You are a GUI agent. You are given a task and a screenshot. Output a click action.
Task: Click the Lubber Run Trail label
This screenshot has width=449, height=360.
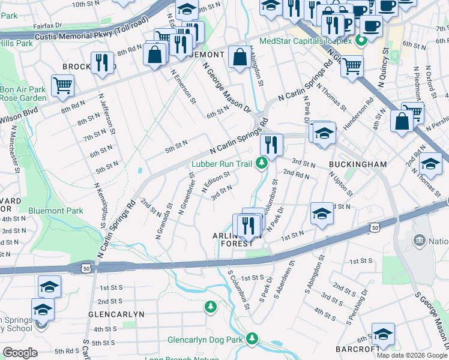pyautogui.click(x=222, y=163)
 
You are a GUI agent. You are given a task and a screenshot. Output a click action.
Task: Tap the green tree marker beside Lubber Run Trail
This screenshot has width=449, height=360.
pyautogui.click(x=261, y=163)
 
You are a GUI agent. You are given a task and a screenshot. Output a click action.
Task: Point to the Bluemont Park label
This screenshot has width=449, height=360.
pyautogui.click(x=55, y=211)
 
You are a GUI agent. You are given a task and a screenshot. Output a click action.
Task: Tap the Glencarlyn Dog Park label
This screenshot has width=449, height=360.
pyautogui.click(x=205, y=340)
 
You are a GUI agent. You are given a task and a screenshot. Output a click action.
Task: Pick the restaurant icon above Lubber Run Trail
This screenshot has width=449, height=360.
pyautogui.click(x=271, y=144)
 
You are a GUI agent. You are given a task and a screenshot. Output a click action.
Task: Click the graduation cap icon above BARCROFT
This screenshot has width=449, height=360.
pyautogui.click(x=382, y=333)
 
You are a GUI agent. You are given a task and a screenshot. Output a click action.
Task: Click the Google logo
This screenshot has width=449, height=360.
pyautogui.click(x=20, y=353)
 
